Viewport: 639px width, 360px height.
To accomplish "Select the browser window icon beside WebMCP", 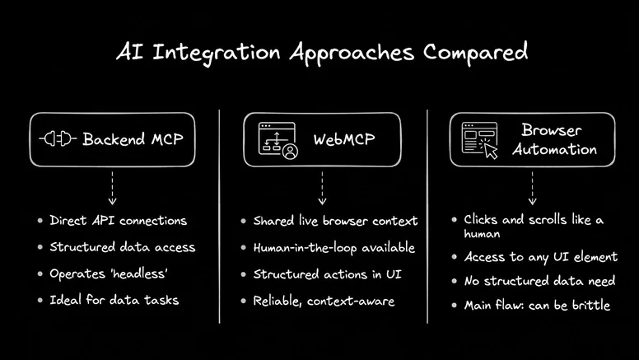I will tap(277, 139).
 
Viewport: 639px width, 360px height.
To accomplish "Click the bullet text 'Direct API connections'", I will tap(118, 221).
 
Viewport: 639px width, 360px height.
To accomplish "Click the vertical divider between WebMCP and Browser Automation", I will tap(427, 214).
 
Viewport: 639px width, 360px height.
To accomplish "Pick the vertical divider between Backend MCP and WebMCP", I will tap(218, 214).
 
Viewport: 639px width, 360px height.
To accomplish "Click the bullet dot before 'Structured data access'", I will tap(40, 248).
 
